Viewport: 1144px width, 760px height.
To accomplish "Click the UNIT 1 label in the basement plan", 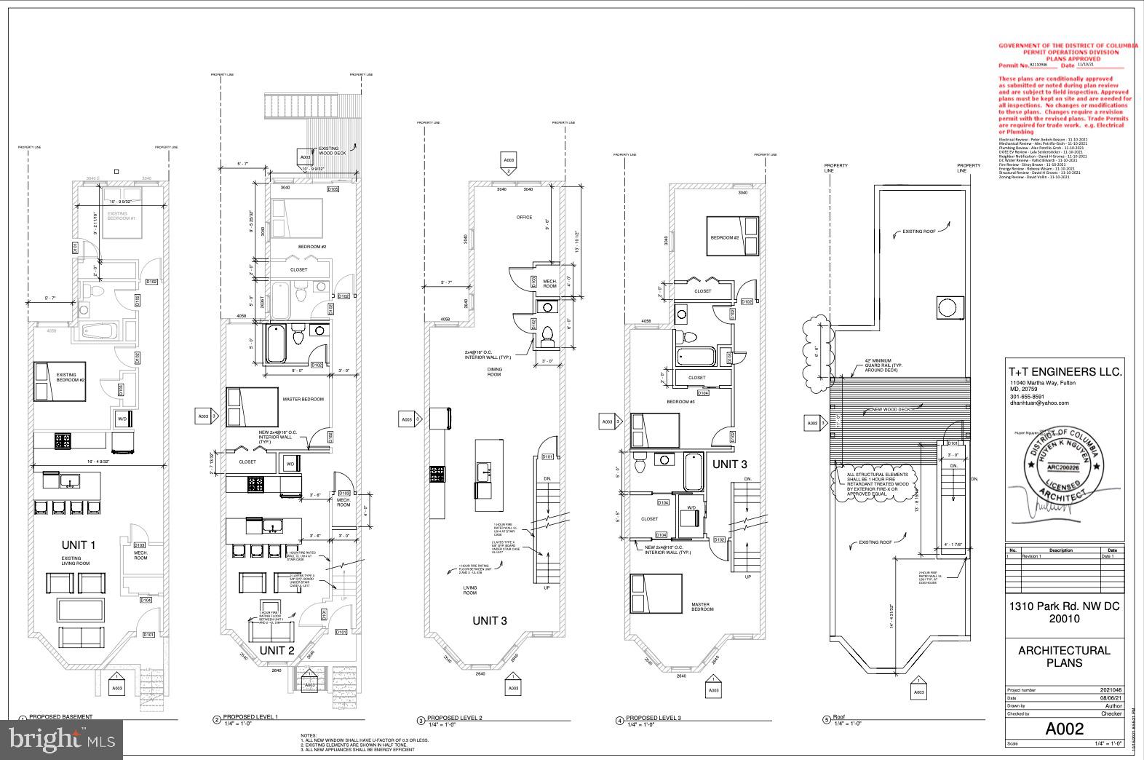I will tap(79, 545).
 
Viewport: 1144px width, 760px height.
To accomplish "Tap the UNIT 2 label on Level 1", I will tap(277, 650).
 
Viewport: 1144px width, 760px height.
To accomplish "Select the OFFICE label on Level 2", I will tap(524, 217).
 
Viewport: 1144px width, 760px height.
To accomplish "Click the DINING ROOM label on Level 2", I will tap(494, 371).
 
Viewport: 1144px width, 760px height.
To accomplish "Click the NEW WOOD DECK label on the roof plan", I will tap(891, 409).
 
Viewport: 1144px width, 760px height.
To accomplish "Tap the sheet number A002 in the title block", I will tap(1064, 729).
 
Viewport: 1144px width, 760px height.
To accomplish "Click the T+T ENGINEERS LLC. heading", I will tap(1065, 371).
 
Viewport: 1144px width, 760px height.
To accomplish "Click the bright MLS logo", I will tap(62, 739).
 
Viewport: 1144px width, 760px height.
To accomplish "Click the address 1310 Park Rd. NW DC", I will tap(1063, 606).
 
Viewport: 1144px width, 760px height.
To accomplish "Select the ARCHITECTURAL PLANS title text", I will tap(1064, 657).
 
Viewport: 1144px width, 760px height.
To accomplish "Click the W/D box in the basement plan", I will tap(122, 419).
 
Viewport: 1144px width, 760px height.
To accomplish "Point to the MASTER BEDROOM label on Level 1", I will tap(303, 399).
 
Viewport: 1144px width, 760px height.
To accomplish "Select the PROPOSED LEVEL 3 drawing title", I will tap(653, 718).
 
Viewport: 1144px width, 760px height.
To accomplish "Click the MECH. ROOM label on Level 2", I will tap(549, 283).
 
